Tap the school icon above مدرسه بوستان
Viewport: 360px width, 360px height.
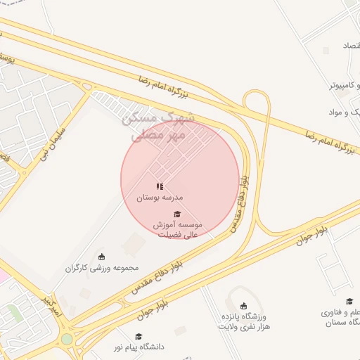(160, 187)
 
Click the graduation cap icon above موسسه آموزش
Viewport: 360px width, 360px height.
(177, 214)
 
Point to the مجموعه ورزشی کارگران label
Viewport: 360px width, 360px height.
(103, 268)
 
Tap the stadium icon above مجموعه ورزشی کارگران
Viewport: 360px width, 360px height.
(103, 256)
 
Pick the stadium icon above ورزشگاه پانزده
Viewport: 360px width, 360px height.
(244, 306)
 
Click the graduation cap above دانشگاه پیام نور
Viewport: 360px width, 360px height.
(139, 336)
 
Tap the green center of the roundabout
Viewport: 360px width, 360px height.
(67, 339)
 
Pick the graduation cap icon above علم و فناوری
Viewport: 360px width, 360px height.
(349, 301)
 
